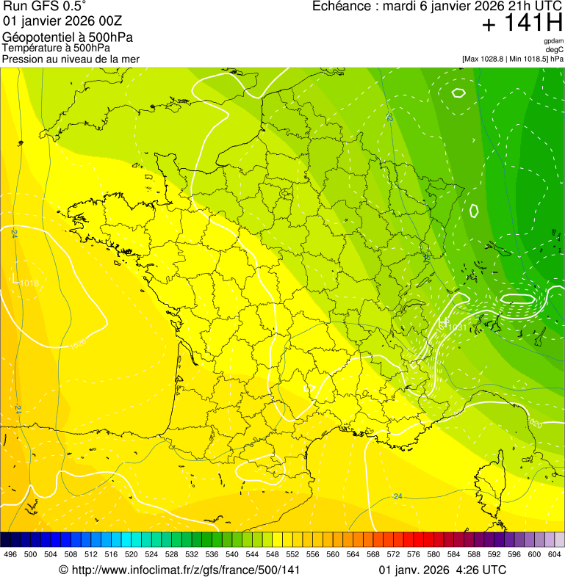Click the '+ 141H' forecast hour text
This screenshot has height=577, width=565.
coord(522,23)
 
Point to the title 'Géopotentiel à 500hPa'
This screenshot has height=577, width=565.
coord(68,37)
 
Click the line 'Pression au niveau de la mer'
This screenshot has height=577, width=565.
coord(71,59)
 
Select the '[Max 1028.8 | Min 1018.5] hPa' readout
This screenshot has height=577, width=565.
coord(513,58)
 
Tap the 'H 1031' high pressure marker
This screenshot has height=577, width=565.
coord(451,324)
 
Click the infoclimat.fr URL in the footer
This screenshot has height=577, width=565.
coord(180,570)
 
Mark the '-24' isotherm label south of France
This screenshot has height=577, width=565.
coord(397,497)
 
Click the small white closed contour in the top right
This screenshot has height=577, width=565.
coord(458,92)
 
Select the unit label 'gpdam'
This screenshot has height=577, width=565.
coord(553,41)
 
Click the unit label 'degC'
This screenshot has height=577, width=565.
coord(555,50)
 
